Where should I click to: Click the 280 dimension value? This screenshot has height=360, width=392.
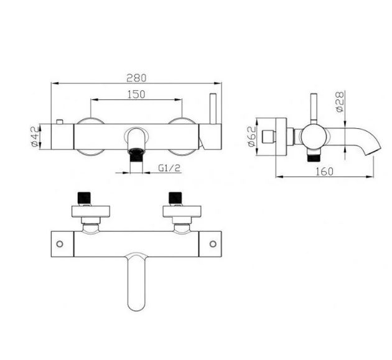(x=136, y=78)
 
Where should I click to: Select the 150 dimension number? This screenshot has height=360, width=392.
(x=136, y=95)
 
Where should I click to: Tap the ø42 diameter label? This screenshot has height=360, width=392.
(x=35, y=136)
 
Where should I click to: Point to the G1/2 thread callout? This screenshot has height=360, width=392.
(x=169, y=168)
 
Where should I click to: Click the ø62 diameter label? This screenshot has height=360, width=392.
(x=251, y=136)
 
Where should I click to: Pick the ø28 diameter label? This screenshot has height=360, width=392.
(x=340, y=102)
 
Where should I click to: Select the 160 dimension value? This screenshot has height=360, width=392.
(x=325, y=172)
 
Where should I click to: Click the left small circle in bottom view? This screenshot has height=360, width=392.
(x=60, y=244)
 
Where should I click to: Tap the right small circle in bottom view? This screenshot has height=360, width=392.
(x=213, y=244)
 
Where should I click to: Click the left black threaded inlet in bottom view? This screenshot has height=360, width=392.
(x=84, y=198)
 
